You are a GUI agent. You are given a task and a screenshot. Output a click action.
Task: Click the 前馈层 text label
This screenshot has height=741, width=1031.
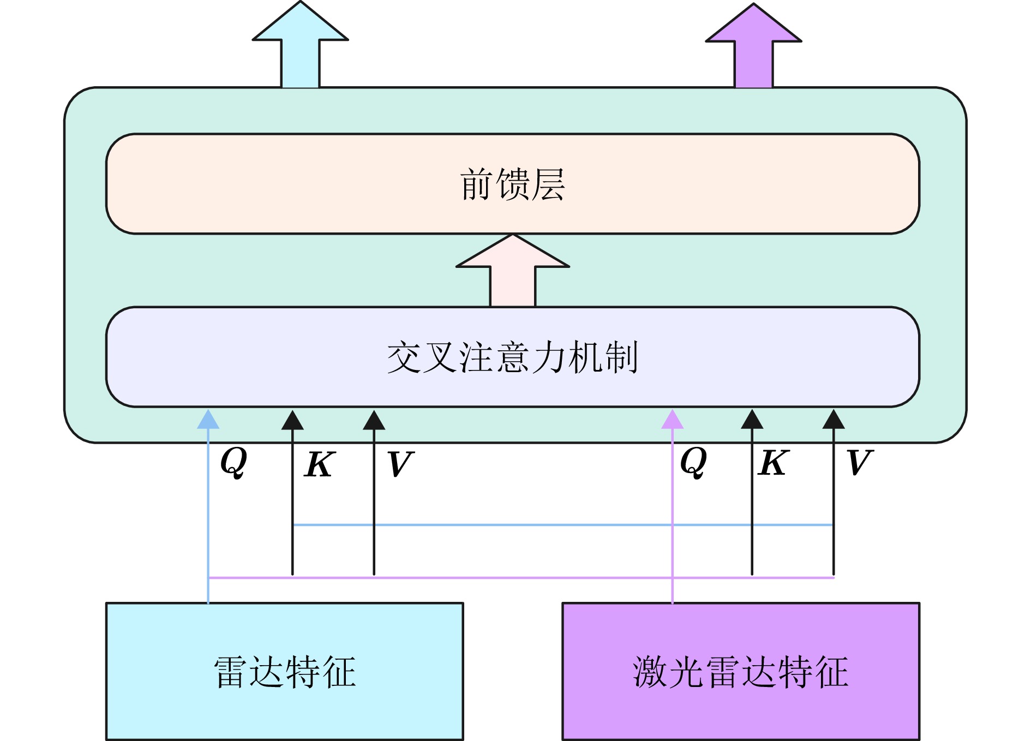click(512, 184)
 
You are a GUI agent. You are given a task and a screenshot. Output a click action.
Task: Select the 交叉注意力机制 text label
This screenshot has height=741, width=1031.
click(512, 357)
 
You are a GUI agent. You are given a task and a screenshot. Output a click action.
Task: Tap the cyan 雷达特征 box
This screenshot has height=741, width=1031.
click(284, 671)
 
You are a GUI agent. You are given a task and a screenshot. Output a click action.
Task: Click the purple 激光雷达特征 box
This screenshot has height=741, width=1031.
click(740, 671)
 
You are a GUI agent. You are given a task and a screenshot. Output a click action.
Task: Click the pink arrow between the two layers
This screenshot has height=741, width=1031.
click(513, 271)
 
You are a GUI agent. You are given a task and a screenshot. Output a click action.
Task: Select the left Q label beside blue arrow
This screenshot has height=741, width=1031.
click(233, 462)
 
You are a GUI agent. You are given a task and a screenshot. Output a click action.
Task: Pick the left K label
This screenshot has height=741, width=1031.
click(319, 464)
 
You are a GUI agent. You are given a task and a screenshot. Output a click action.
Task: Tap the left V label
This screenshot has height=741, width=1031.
click(400, 464)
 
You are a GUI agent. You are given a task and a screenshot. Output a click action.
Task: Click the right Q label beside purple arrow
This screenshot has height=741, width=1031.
click(693, 462)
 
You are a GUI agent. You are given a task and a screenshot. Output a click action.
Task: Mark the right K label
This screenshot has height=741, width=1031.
click(773, 463)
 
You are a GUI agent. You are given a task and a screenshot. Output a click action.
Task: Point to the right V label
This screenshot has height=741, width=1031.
click(859, 463)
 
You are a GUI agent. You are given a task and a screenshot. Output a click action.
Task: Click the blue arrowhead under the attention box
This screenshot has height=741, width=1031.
click(208, 420)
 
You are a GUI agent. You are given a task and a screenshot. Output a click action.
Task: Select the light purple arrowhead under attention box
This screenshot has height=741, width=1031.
click(672, 420)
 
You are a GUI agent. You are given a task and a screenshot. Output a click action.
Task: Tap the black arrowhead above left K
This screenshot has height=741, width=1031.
click(292, 420)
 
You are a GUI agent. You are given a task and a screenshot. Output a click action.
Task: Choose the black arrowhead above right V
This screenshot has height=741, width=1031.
click(834, 420)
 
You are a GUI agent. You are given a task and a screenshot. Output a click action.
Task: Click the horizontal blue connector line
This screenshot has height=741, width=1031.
click(562, 525)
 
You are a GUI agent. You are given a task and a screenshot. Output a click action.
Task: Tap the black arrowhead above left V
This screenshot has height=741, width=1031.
click(374, 420)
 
